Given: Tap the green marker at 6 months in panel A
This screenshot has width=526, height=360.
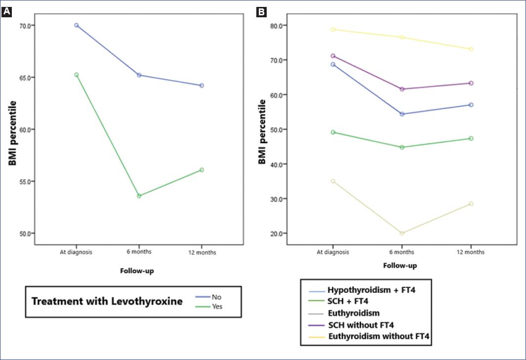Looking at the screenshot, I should click(139, 196).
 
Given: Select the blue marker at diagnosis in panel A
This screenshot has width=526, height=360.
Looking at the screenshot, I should click(77, 25).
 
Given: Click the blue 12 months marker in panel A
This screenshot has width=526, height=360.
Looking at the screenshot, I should click(202, 85).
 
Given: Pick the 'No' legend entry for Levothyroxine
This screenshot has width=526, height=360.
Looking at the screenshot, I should click(216, 298).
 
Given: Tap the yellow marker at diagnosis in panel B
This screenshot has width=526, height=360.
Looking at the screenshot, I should click(333, 30).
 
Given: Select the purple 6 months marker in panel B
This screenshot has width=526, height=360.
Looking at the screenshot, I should click(402, 89).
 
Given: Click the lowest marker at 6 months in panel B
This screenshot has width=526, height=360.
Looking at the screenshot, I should click(402, 233).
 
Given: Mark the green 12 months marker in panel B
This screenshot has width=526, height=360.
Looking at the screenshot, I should click(471, 138).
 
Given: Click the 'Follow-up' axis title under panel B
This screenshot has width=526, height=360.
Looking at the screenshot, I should click(400, 265).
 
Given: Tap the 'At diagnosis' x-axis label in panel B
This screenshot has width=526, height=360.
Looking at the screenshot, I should click(333, 252).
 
